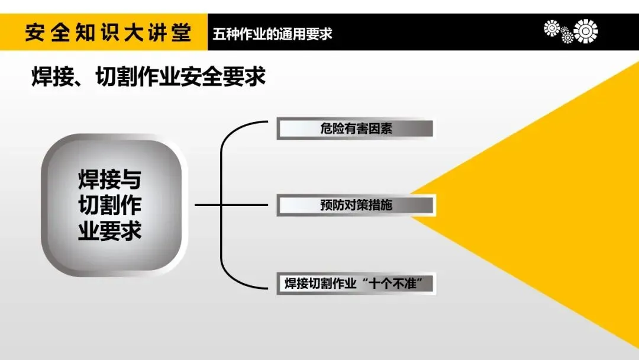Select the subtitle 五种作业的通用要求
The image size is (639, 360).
point(273,33)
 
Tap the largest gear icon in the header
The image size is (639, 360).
point(585,31)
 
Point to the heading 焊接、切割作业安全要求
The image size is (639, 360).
point(149,77)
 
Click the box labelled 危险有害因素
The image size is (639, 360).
point(356,128)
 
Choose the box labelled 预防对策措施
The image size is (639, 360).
point(356,205)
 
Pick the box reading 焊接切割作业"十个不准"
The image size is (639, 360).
point(356,283)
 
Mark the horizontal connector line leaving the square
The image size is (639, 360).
point(207,205)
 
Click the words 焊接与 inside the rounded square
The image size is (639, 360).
point(110,179)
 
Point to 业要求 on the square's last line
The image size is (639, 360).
point(110,231)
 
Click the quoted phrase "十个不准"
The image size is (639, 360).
point(398,283)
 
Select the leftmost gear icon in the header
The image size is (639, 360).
point(552,28)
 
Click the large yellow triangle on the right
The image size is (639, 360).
point(562,207)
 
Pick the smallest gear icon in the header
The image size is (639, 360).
point(567,37)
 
